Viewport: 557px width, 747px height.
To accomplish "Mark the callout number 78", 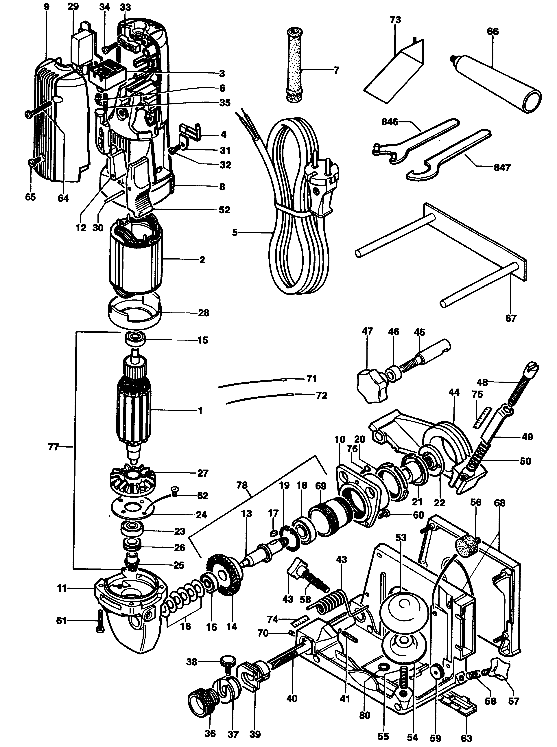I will tap(242, 486).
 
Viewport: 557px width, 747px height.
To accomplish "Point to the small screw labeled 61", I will tap(100, 621).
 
